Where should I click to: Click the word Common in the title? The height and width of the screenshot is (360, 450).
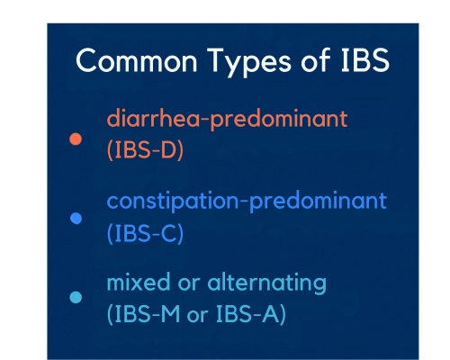pos(137,60)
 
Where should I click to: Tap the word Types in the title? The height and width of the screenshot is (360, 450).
pos(249,62)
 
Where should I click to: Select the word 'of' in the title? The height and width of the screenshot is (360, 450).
pos(316,59)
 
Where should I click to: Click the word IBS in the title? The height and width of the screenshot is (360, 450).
pos(365,60)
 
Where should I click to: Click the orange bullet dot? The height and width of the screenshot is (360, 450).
pos(76,139)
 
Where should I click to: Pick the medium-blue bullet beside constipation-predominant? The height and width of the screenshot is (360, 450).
pos(76,219)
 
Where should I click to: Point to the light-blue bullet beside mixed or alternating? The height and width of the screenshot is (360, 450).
pos(76,298)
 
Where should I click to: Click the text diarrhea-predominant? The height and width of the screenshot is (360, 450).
pos(227,119)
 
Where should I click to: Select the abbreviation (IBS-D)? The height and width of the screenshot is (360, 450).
pos(145,150)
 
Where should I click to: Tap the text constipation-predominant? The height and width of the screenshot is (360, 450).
pos(247,201)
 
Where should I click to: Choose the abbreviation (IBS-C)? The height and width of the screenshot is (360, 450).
pos(145,233)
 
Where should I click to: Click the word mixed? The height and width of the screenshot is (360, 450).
pos(139,283)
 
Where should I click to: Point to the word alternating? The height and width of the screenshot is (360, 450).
pos(266,283)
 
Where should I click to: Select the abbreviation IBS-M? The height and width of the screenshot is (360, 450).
pos(147,314)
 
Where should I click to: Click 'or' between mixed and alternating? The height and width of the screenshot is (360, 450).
pos(189,283)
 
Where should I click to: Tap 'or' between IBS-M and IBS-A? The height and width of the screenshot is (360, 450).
pos(197,316)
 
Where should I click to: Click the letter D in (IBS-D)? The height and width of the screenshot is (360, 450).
pos(168,149)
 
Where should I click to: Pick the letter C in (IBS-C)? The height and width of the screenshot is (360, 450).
pos(168,233)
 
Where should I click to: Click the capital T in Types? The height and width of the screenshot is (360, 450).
pos(218,60)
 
